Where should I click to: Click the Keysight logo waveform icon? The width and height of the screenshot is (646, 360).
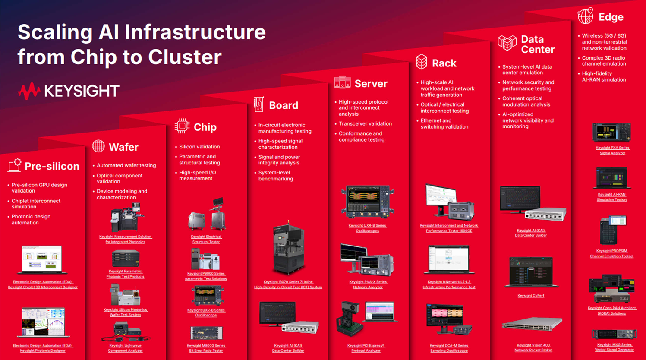(29, 91)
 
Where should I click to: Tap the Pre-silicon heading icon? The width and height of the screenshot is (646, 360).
(14, 165)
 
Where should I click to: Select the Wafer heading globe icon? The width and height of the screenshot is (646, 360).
(98, 146)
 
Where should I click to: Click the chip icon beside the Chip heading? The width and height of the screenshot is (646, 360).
(182, 126)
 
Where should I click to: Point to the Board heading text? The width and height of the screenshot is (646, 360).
(284, 105)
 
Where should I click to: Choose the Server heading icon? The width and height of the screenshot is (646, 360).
(342, 82)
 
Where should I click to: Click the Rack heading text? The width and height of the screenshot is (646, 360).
(444, 63)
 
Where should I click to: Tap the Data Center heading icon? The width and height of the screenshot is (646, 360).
(507, 43)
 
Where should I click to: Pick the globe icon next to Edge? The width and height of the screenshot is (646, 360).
(586, 16)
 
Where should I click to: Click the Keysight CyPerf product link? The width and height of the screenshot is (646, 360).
(531, 296)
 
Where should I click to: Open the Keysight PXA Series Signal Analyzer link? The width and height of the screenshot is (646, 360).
(612, 150)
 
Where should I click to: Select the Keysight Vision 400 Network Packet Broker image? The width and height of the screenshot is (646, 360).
(532, 324)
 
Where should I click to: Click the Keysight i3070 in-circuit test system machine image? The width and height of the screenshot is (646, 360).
(288, 249)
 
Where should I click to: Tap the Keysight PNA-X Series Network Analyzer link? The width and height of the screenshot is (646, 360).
(368, 284)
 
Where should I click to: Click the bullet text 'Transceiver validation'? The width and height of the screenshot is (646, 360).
(365, 124)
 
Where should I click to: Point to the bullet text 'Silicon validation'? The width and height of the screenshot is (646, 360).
(199, 147)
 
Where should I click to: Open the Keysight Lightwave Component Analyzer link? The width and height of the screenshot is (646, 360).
(125, 348)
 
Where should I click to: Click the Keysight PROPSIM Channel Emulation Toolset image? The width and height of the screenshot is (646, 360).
(612, 230)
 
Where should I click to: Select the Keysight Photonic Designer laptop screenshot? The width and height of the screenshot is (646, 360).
(43, 322)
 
